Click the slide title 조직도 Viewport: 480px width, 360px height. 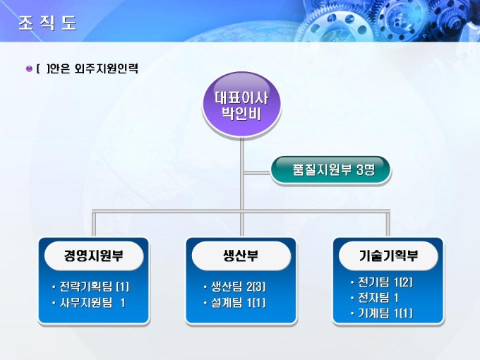coord(47,23)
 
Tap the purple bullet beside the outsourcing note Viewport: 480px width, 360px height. coord(29,68)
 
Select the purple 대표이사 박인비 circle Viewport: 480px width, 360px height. coord(241,104)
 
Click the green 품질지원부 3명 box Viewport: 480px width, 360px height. coord(330,169)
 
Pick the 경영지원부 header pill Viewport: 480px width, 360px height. coord(94,256)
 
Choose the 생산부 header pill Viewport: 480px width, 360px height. coord(241,256)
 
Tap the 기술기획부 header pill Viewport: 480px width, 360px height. coord(388,256)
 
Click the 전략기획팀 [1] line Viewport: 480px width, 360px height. coord(91,287)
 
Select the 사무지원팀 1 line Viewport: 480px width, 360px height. coord(89,303)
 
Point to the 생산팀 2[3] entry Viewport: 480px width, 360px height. coord(235,287)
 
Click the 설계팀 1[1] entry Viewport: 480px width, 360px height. coord(235,303)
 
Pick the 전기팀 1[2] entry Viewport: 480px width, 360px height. coord(382,282)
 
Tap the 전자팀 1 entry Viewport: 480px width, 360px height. coord(375,298)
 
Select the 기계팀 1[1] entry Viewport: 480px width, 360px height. coord(382,313)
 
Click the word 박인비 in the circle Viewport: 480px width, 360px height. coord(241,114)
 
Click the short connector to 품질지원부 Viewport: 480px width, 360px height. coord(256,173)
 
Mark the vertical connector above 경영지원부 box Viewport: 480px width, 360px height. coord(94,224)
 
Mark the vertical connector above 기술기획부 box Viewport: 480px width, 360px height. coord(388,224)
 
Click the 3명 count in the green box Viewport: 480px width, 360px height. coord(366,169)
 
